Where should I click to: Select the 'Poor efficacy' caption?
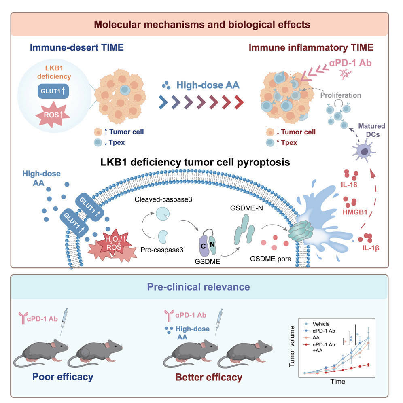[x=63, y=377]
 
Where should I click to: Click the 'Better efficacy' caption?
[x=208, y=378]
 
